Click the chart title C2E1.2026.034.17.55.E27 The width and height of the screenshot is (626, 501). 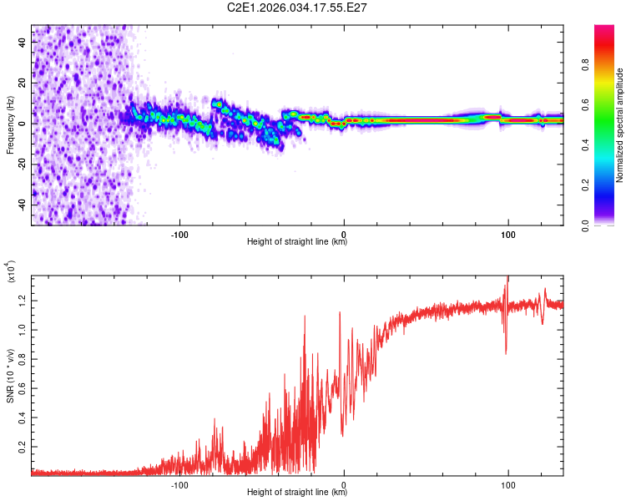298,8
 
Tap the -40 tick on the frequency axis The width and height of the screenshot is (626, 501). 21,204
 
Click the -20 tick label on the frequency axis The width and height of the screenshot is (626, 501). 21,163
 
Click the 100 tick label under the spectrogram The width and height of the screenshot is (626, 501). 507,233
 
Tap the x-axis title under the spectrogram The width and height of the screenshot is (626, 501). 297,242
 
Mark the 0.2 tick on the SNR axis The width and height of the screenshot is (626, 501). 22,448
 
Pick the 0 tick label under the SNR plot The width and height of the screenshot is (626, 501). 345,483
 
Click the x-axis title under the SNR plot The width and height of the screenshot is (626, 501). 297,493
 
